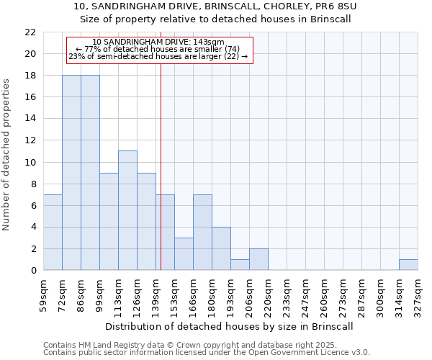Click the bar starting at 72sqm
pyautogui.click(x=71, y=173)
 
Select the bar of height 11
pyautogui.click(x=127, y=210)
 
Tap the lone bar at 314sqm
pyautogui.click(x=408, y=265)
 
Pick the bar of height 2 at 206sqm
pyautogui.click(x=258, y=259)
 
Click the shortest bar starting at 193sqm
pyautogui.click(x=240, y=265)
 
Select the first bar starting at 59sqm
pyautogui.click(x=53, y=233)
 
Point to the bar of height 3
pyautogui.click(x=184, y=254)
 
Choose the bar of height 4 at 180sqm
pyautogui.click(x=221, y=248)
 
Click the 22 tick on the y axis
pyautogui.click(x=30, y=32)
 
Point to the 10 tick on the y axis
pyautogui.click(x=30, y=163)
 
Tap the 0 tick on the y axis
pyautogui.click(x=33, y=271)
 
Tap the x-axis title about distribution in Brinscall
pyautogui.click(x=230, y=326)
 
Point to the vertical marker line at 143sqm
pyautogui.click(x=161, y=166)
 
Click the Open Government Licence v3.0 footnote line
pyautogui.click(x=207, y=353)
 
